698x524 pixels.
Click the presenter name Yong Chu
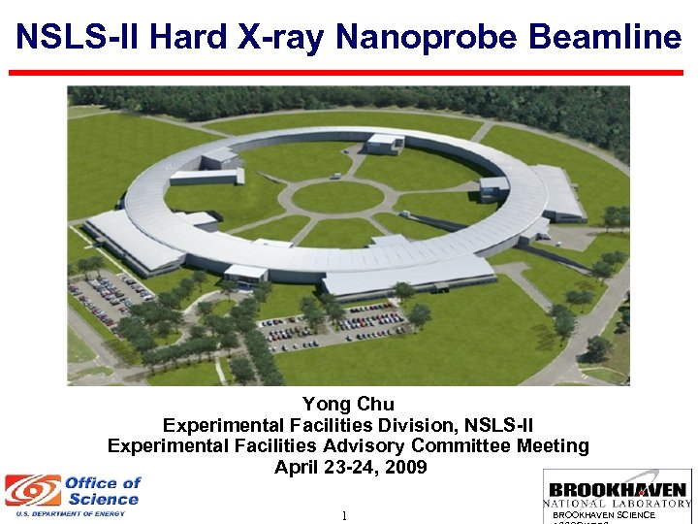348,405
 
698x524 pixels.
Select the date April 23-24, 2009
350,467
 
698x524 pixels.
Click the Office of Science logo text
103,491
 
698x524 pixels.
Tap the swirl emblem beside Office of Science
32,491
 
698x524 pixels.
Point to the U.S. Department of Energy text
64,513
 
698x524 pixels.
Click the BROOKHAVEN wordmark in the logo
617,490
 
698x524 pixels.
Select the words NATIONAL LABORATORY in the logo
617,504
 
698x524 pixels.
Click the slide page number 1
344,515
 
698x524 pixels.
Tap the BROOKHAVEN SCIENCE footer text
603,514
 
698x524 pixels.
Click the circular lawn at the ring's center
337,197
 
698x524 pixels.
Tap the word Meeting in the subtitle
552,445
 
